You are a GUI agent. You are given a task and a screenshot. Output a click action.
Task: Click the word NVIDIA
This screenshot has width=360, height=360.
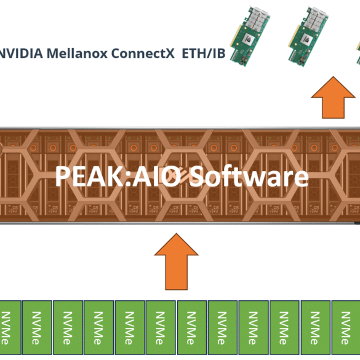click(21, 53)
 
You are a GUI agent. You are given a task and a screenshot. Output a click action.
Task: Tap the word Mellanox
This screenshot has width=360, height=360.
click(77, 53)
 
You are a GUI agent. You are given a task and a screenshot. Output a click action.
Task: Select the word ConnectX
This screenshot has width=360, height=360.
click(143, 53)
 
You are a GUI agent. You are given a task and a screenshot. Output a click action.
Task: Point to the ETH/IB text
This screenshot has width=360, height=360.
click(204, 53)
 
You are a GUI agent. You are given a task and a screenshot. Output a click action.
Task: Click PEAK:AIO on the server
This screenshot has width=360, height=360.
click(118, 177)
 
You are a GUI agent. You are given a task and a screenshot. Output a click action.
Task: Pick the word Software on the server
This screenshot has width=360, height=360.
click(249, 177)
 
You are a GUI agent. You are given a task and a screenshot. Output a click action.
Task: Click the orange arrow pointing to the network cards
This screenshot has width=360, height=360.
click(333, 98)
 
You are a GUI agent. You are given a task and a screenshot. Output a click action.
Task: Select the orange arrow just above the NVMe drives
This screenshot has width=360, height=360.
click(177, 262)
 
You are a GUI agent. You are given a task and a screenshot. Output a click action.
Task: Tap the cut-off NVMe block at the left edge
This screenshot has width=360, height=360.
click(10, 327)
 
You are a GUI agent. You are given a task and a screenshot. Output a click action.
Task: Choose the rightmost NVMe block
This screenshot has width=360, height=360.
click(346, 327)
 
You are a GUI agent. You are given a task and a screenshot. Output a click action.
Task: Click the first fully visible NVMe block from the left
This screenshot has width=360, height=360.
click(37, 327)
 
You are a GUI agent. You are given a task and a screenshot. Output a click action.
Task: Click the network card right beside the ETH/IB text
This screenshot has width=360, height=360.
click(250, 36)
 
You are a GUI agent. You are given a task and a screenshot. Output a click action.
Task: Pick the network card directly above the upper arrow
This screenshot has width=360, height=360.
click(308, 36)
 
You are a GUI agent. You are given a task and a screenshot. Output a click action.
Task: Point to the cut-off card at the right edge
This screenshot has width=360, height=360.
click(358, 53)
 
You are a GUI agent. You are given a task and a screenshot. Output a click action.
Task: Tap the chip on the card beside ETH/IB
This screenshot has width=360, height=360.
click(249, 39)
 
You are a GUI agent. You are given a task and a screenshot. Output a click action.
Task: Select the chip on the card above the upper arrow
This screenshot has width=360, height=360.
click(306, 39)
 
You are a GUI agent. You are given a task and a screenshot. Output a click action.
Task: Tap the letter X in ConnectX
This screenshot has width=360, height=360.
click(170, 54)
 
